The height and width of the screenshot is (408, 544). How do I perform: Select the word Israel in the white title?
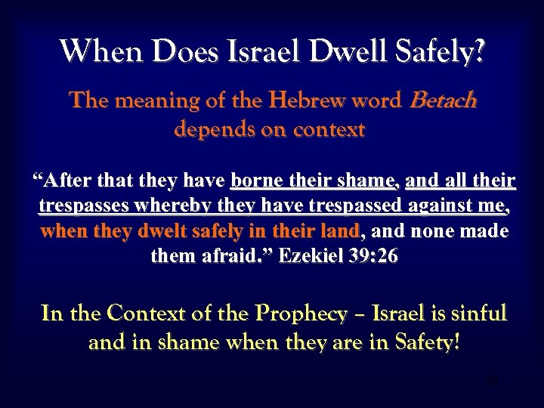pos(261,52)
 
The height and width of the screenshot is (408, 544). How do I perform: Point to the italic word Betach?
pos(443,102)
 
